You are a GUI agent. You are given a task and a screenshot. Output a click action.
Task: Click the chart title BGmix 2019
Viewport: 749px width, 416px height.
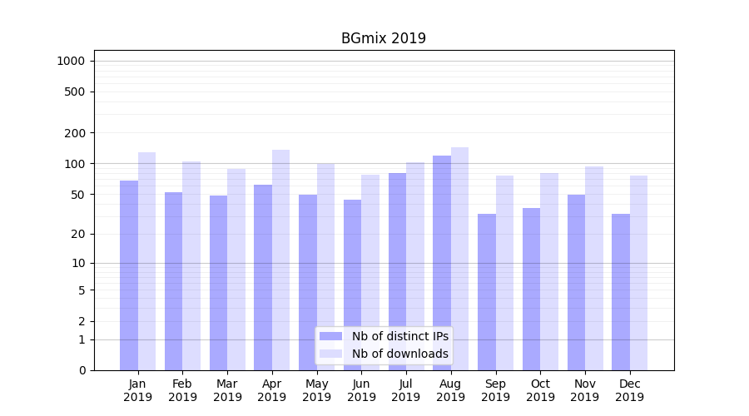[x=383, y=38]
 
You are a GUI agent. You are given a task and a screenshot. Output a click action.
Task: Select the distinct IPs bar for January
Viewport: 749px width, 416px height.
[x=129, y=275]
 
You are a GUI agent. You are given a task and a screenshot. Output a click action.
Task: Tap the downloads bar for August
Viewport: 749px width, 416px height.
[x=459, y=258]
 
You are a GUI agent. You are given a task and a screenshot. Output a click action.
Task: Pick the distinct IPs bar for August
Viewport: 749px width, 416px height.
[x=442, y=262]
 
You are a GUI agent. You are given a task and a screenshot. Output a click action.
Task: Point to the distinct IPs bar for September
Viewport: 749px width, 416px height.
[x=487, y=291]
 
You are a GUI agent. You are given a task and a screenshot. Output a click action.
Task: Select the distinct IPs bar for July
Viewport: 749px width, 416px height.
[x=397, y=271]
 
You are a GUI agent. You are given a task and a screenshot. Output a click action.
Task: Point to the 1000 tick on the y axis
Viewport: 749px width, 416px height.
[x=71, y=61]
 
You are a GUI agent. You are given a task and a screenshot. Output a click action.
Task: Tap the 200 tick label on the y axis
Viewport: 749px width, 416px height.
[x=76, y=133]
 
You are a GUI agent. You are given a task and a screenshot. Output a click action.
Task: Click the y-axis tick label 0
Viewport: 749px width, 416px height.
[x=82, y=370]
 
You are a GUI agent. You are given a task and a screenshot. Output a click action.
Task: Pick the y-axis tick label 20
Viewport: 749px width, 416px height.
[x=78, y=234]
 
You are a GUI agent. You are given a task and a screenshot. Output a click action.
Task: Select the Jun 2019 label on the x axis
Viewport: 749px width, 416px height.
[x=361, y=390]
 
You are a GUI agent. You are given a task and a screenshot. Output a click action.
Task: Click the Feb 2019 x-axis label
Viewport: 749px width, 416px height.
[x=182, y=390]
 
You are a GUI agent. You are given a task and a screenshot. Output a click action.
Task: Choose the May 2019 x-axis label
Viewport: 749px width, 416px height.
[x=316, y=390]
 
